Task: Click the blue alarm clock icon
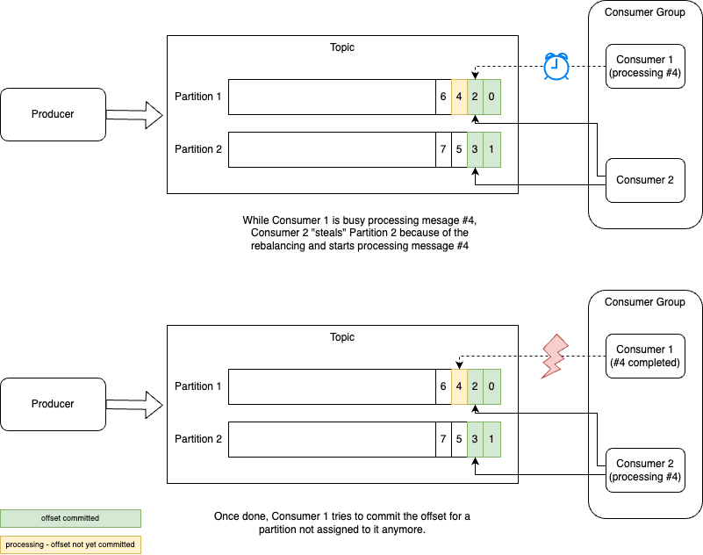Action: click(x=556, y=67)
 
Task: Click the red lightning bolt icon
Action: click(x=555, y=356)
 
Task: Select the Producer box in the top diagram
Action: click(x=53, y=114)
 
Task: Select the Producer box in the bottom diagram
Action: click(x=53, y=404)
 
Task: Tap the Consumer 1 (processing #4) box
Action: click(x=645, y=66)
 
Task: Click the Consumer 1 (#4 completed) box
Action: click(x=645, y=356)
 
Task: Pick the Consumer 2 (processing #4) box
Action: click(x=645, y=470)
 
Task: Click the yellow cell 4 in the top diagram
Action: click(x=459, y=97)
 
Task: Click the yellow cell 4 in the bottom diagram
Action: click(x=459, y=386)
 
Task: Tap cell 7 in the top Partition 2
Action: click(x=443, y=149)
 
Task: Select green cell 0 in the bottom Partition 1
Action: click(x=491, y=386)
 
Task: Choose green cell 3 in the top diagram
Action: click(x=475, y=149)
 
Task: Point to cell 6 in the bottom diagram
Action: click(x=443, y=386)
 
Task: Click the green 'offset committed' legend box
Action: click(x=70, y=518)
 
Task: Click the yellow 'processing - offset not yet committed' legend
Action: click(x=70, y=544)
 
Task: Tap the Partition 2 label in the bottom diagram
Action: click(x=198, y=439)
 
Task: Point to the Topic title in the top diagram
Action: click(x=342, y=47)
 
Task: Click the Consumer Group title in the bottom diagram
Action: click(x=645, y=302)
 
